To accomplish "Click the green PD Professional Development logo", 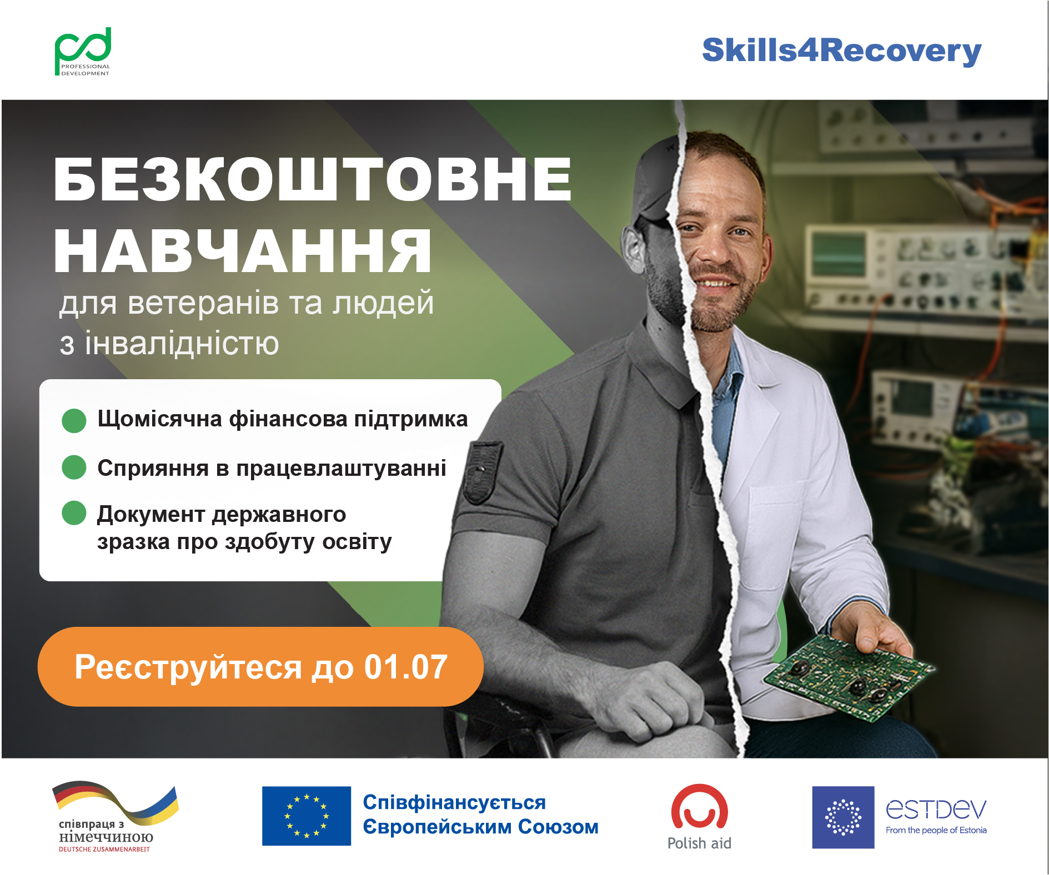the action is (x=83, y=52).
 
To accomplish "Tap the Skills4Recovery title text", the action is (x=841, y=51).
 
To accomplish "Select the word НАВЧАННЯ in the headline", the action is (x=243, y=251).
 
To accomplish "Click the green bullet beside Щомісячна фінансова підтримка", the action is (x=74, y=420).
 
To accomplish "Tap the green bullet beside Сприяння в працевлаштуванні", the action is (x=74, y=467).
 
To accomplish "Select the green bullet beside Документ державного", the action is (x=74, y=513).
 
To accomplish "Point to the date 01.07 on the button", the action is (x=405, y=667).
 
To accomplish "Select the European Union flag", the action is (x=307, y=816).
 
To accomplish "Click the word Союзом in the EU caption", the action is (x=558, y=827).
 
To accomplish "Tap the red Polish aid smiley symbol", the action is (x=699, y=807).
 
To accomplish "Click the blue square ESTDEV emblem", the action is (x=843, y=817).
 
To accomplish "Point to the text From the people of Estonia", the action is (x=936, y=831).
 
